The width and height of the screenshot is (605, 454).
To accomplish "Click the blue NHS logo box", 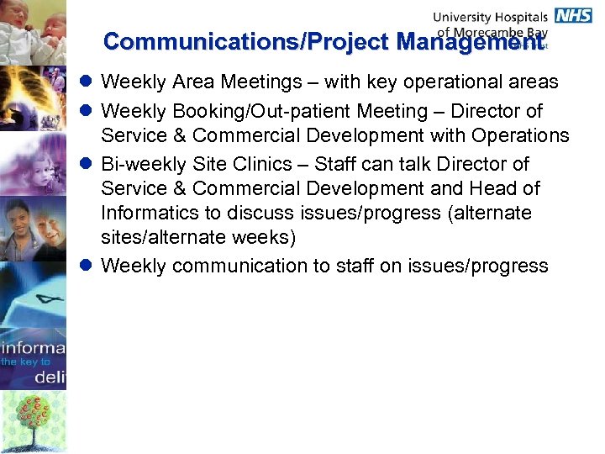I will (573, 15).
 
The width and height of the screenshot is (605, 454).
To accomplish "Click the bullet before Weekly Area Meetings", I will (87, 82).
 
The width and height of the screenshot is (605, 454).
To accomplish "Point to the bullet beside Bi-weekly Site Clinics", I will (87, 163).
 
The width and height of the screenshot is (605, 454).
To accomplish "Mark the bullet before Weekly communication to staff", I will (87, 267).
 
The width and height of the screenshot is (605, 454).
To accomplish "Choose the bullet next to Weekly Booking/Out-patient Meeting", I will (87, 111).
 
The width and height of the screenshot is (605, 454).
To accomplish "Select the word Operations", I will (521, 136).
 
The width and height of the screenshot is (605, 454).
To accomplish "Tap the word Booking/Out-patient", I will (259, 111).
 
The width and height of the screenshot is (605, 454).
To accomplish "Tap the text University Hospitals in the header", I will (490, 16).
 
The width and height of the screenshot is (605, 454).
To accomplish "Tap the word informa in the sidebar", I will (34, 346).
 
